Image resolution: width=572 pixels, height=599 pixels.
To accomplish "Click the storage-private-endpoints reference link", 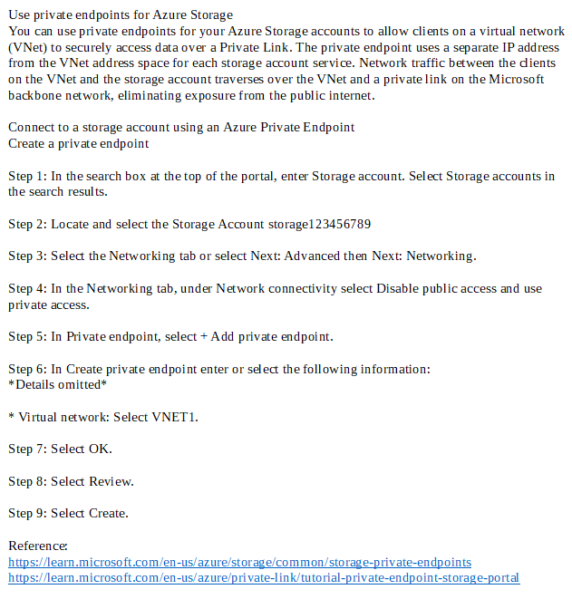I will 239,563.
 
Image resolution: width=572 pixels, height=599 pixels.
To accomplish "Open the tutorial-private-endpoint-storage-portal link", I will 264,578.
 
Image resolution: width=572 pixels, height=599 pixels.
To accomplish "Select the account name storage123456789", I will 320,224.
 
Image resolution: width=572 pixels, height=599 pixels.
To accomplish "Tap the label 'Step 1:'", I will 27,176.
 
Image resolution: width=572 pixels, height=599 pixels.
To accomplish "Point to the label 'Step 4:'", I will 27,289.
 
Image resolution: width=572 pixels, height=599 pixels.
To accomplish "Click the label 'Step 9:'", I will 27,514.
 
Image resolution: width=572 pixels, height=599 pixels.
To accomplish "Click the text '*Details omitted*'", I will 57,385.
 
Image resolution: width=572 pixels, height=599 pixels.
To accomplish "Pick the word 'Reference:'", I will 38,546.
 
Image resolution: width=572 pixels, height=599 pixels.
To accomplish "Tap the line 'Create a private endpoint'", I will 79,143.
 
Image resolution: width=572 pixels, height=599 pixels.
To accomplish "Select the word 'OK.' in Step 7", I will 100,449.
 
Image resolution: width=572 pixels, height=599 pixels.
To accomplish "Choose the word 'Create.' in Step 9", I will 108,514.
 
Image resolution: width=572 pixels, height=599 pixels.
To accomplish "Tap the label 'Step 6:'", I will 27,369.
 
